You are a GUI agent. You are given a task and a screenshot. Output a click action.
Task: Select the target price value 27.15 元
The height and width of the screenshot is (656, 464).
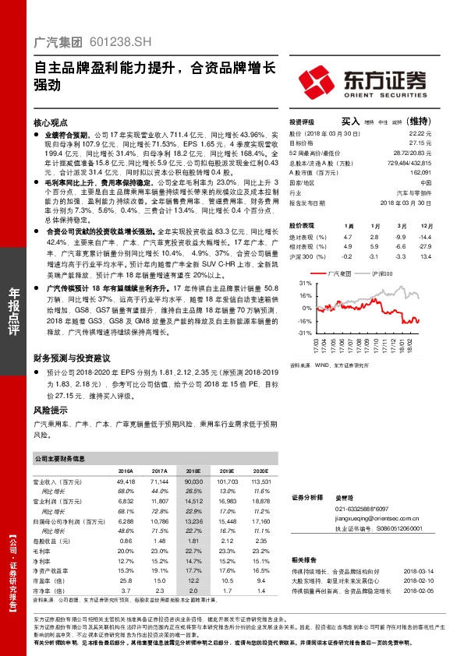421,143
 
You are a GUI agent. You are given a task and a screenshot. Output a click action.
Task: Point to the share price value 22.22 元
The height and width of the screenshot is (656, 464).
421,134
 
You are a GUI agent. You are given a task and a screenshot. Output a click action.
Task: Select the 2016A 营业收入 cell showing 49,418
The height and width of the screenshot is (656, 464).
124,483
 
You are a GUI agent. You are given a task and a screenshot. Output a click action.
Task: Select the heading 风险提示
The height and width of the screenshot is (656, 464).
51,410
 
